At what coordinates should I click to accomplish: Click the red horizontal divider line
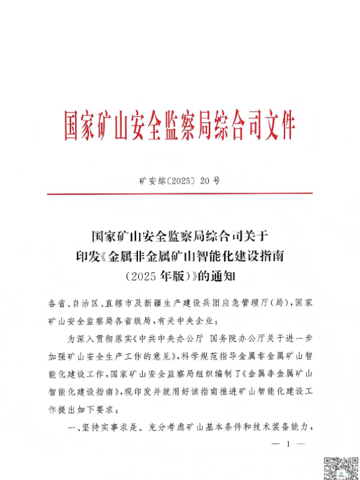(x=180, y=193)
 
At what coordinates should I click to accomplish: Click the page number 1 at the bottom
(x=288, y=444)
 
